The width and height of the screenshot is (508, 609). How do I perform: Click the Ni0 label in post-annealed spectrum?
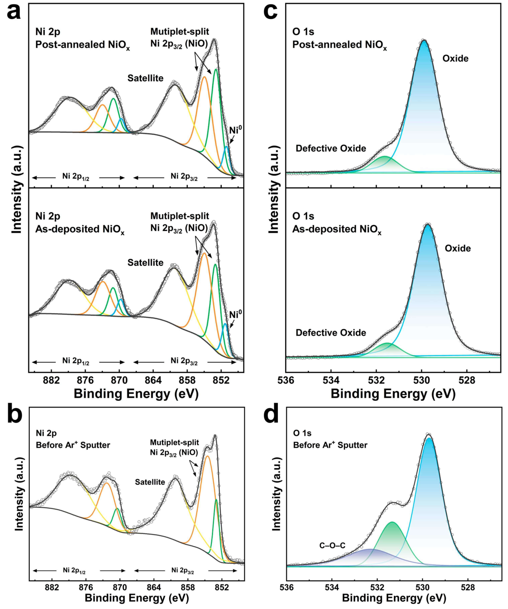coord(235,130)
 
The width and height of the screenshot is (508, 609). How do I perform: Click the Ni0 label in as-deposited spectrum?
coord(235,315)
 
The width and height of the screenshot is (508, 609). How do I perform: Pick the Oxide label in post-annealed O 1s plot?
coord(455,59)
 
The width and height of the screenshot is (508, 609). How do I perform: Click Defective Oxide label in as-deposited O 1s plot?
coord(331,333)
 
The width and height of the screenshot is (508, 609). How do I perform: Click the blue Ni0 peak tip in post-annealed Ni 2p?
coord(226,147)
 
